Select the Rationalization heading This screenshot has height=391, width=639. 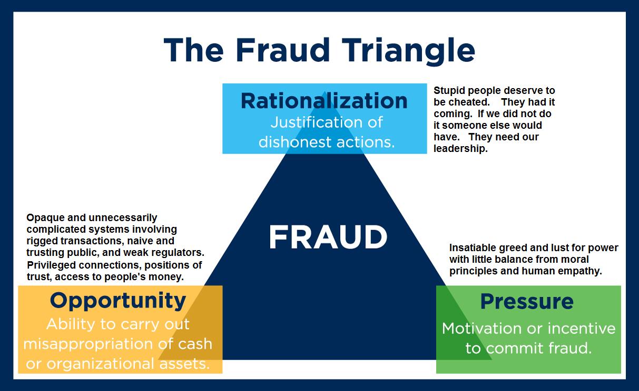pyautogui.click(x=324, y=100)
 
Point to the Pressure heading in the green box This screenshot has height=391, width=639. pyautogui.click(x=527, y=301)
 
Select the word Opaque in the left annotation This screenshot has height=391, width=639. pyautogui.click(x=42, y=218)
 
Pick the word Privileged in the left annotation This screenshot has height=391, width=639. pyautogui.click(x=51, y=265)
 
